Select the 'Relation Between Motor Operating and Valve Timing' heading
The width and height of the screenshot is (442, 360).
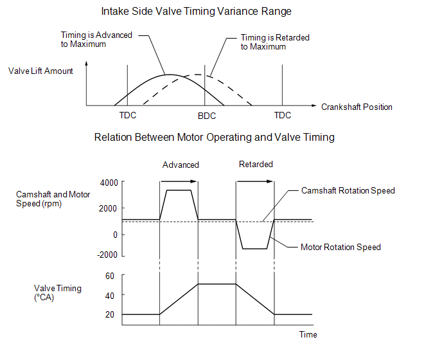click(214, 137)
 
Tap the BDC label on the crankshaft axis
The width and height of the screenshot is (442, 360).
click(207, 116)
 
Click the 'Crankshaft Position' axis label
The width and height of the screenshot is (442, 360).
click(357, 107)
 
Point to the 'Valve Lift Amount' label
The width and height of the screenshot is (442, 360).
click(40, 71)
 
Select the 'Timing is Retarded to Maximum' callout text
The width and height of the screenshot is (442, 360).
click(275, 42)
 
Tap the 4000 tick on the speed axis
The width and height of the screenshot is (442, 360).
click(109, 183)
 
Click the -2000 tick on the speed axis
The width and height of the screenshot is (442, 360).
click(107, 254)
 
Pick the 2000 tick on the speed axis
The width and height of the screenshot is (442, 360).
click(109, 208)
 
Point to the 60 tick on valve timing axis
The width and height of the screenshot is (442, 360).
click(109, 276)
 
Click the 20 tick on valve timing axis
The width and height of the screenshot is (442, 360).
click(109, 314)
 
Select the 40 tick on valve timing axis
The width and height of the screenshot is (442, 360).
click(109, 295)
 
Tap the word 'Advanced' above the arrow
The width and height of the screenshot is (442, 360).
click(181, 165)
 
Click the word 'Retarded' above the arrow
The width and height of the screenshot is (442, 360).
click(256, 164)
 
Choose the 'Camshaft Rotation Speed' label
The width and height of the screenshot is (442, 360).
click(348, 191)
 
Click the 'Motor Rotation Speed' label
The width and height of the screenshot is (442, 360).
click(340, 247)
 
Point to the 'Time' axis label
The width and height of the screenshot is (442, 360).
click(308, 334)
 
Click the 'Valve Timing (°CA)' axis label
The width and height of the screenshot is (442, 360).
click(58, 293)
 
